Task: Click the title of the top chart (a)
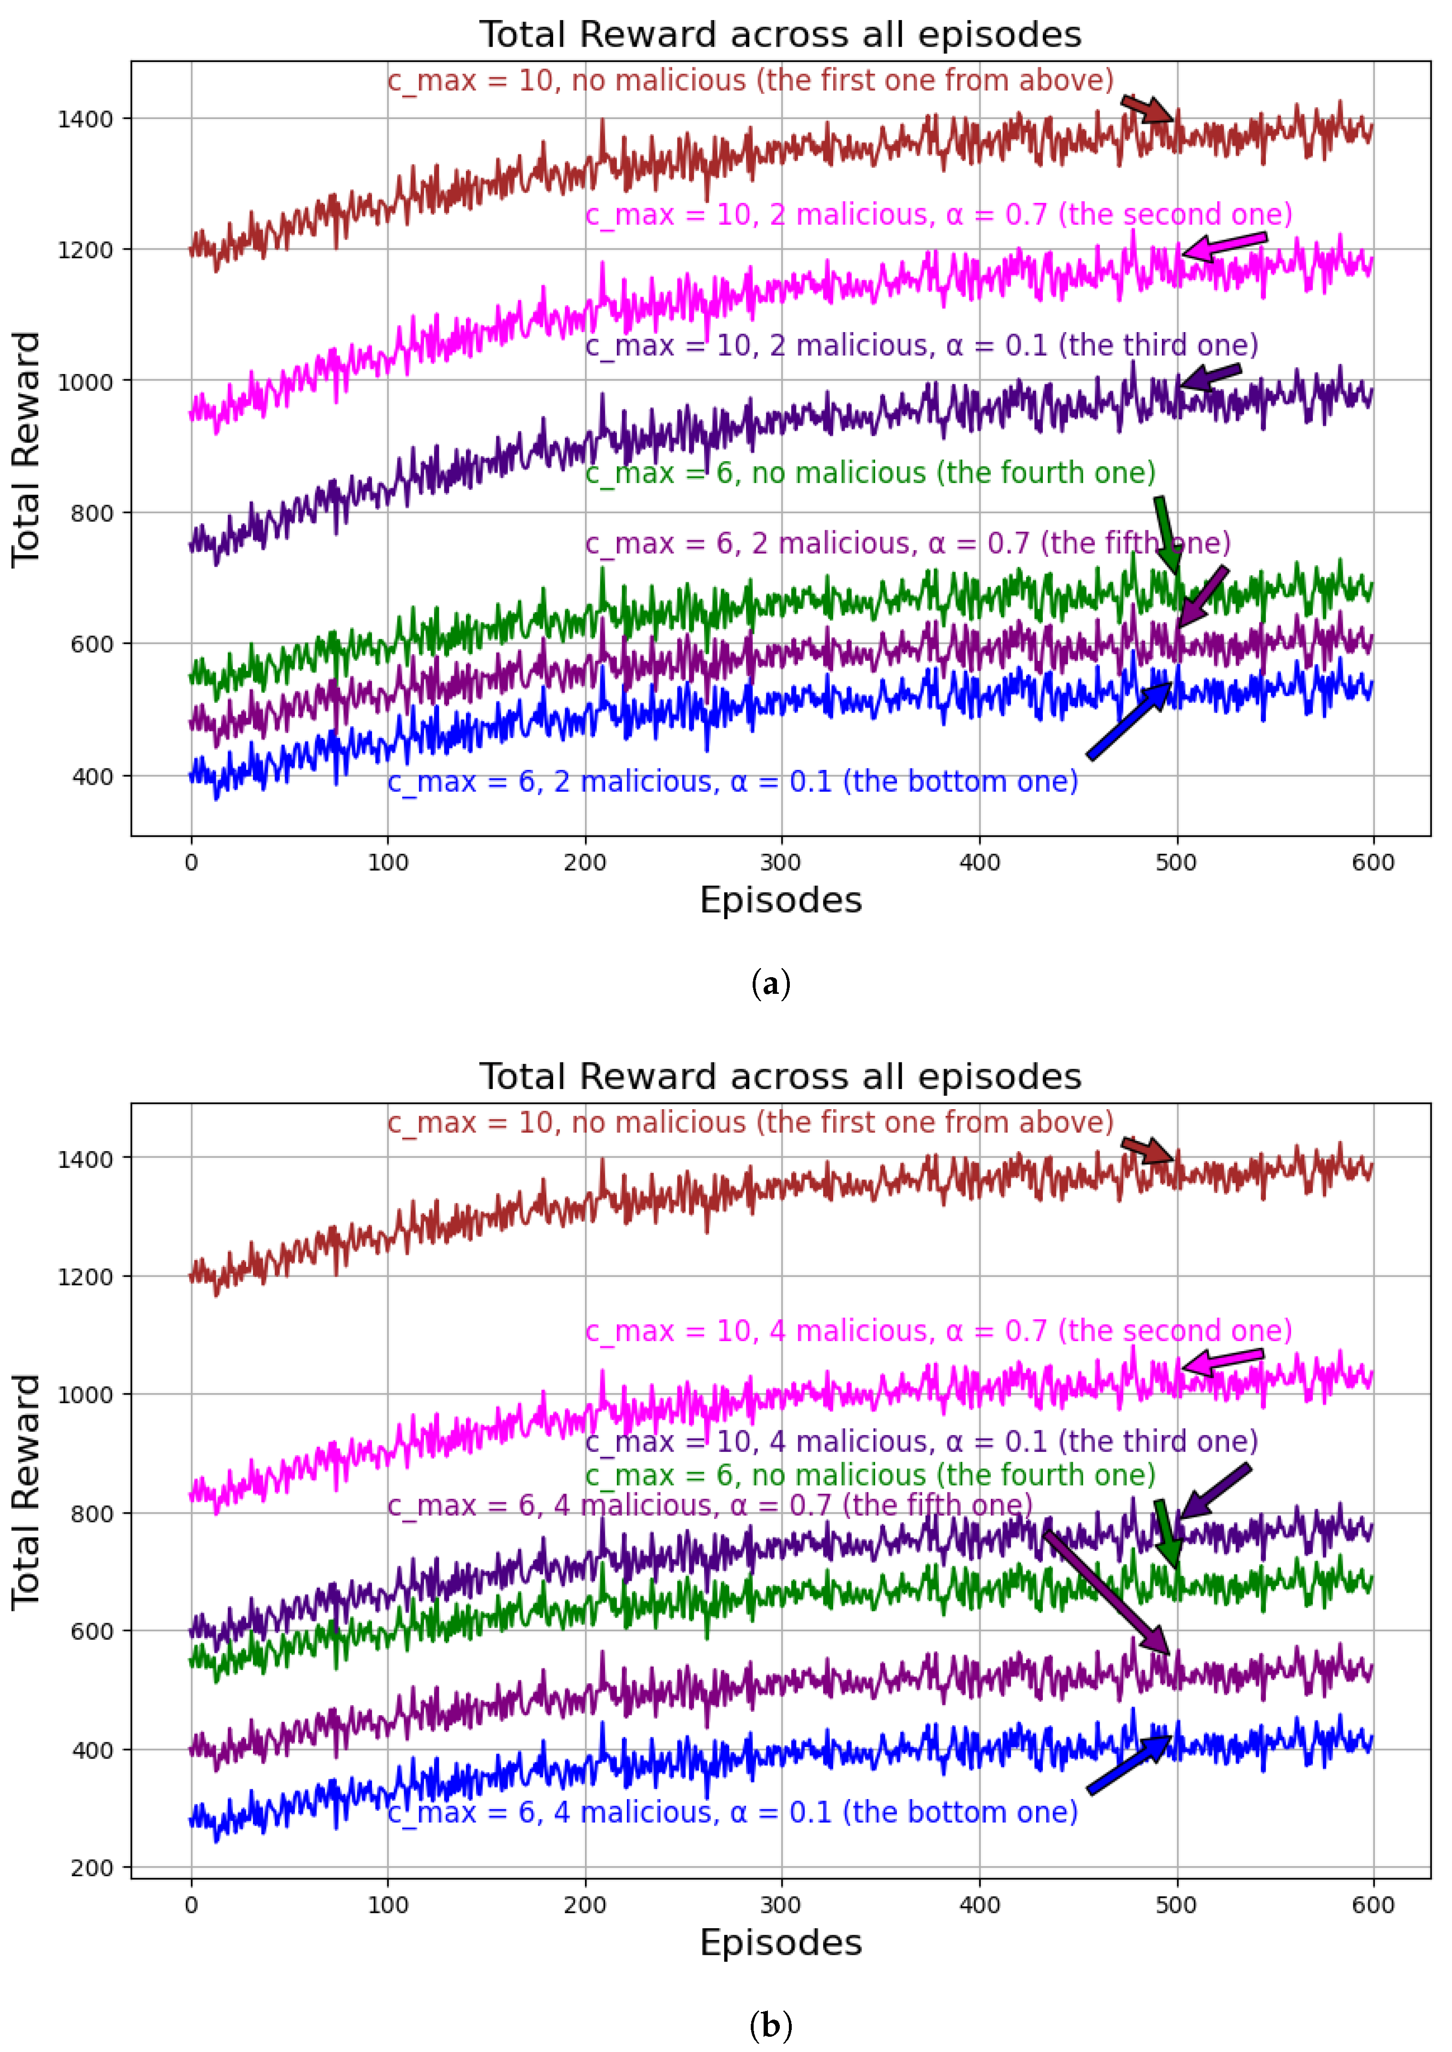[x=780, y=35]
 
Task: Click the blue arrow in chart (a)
[x=1129, y=721]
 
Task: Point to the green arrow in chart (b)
[x=1166, y=1533]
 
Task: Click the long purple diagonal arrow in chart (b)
[x=1107, y=1592]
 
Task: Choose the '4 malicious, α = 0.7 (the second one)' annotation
[x=938, y=1331]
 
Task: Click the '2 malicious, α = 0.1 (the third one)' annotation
[x=921, y=345]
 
